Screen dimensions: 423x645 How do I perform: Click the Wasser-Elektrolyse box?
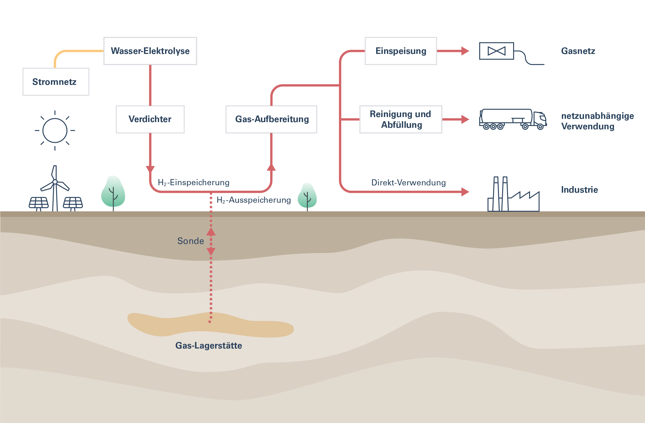[x=150, y=51]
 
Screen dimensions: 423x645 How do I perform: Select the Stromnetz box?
[x=56, y=82]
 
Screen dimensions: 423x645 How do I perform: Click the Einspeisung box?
[x=401, y=51]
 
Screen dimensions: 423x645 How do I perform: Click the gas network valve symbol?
[x=496, y=51]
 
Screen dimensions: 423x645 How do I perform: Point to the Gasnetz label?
[x=578, y=51]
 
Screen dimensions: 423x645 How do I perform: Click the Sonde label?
[x=190, y=241]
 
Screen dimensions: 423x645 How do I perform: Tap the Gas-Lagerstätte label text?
[x=208, y=346]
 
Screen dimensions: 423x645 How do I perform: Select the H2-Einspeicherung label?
[x=194, y=182]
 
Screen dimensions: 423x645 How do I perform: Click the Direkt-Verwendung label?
[x=408, y=183]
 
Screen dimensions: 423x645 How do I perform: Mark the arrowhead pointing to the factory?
[x=465, y=192]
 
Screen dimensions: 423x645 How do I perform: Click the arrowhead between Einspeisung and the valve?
[x=465, y=51]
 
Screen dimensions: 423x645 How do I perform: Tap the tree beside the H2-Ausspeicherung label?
[x=307, y=196]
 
